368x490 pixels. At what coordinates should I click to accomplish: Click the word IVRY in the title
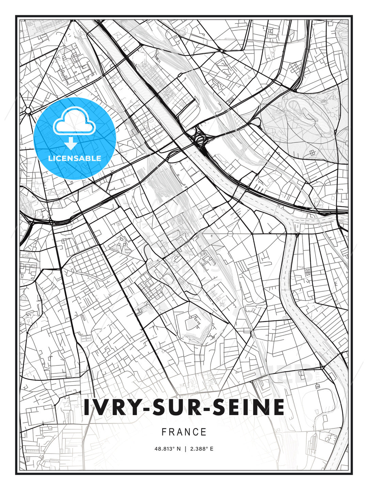click(x=111, y=407)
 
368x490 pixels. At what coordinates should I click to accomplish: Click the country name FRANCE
click(x=184, y=432)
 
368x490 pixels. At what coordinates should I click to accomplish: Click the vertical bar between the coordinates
click(x=185, y=449)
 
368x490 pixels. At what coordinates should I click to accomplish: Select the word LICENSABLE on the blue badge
click(x=75, y=158)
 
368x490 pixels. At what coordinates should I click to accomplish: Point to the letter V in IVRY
click(x=101, y=407)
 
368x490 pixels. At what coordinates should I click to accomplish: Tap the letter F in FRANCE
click(x=164, y=432)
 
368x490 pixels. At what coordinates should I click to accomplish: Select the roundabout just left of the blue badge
click(x=27, y=110)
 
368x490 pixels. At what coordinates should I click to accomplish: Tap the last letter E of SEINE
click(x=279, y=407)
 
